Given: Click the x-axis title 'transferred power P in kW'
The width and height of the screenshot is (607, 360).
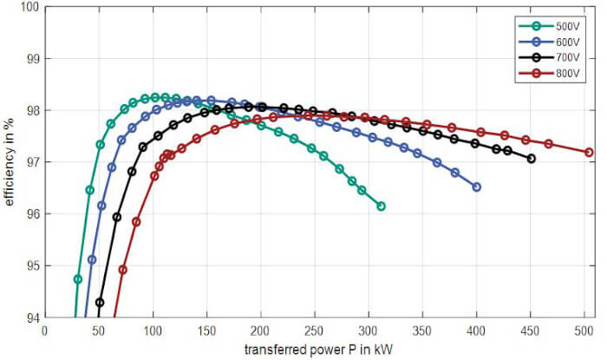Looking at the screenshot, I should [x=318, y=350].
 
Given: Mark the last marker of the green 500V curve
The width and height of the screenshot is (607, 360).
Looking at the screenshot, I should [x=381, y=206].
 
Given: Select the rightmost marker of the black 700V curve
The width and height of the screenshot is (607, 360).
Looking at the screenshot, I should [x=531, y=159].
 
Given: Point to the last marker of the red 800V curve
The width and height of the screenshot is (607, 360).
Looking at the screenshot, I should [x=589, y=152].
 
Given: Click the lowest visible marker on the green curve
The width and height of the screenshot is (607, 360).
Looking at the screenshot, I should [x=78, y=279].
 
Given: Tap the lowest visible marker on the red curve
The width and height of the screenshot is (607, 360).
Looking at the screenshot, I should [x=123, y=270].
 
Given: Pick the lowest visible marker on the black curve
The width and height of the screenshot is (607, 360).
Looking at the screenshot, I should [x=100, y=303].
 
